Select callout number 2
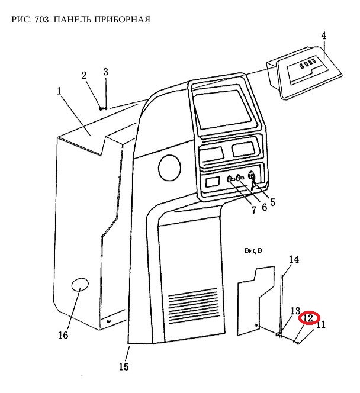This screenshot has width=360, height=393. (x=84, y=75)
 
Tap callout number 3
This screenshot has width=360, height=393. (x=105, y=72)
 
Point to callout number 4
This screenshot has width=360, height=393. (x=324, y=36)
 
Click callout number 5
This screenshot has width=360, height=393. (x=272, y=202)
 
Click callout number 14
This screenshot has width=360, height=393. (x=294, y=259)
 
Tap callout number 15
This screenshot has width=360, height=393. (x=123, y=366)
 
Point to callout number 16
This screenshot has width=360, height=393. (x=63, y=336)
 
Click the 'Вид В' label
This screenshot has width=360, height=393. (x=253, y=251)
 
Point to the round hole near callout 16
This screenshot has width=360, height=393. (x=80, y=286)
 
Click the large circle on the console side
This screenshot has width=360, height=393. (x=170, y=168)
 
